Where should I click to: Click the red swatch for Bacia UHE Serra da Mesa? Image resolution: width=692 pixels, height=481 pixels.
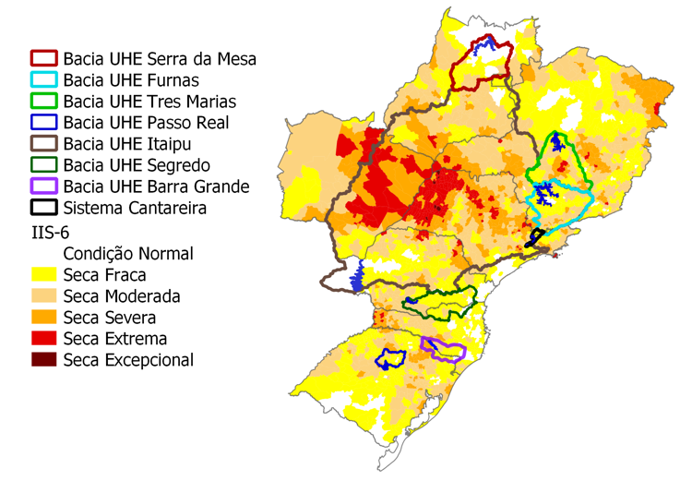click(43, 59)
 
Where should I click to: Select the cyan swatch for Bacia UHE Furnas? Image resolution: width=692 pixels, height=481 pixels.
click(43, 80)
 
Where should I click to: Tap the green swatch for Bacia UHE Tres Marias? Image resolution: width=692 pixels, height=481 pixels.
click(43, 102)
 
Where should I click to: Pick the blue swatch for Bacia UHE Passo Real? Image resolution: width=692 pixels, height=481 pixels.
click(43, 123)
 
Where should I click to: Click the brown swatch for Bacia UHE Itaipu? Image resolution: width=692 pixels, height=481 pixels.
click(43, 144)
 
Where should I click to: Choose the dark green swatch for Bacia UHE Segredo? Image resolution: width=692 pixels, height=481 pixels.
click(43, 165)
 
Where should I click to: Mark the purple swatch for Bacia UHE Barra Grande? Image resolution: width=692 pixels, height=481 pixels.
click(43, 186)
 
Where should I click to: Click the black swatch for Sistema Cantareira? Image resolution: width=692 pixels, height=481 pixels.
click(43, 208)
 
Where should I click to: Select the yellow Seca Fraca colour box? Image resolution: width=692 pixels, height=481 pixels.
click(43, 274)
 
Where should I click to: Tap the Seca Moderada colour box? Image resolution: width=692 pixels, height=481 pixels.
click(43, 295)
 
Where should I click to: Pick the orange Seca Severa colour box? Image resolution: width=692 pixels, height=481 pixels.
click(43, 317)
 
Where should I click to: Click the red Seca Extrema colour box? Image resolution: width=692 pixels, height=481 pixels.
click(43, 338)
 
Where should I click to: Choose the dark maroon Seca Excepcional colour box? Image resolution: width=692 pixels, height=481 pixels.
click(43, 359)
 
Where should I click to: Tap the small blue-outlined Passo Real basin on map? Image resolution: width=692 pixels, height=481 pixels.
click(390, 359)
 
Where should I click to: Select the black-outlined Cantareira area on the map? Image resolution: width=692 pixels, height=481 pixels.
click(533, 238)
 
